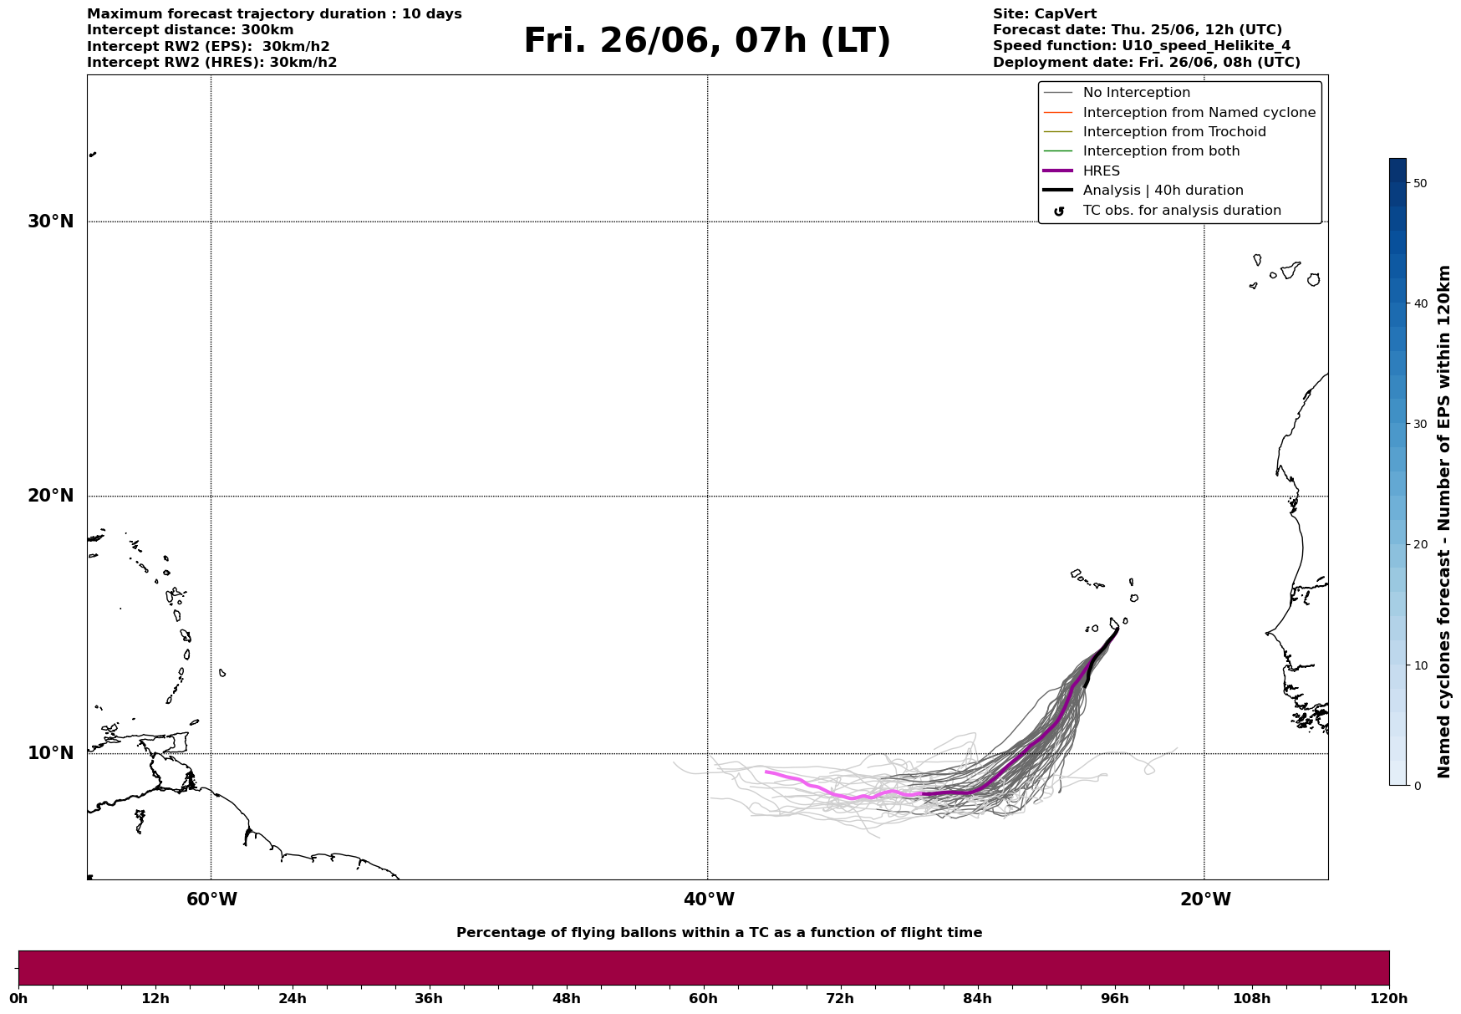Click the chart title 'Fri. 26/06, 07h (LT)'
tap(707, 42)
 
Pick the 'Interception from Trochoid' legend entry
tap(1154, 132)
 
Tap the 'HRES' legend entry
tap(1082, 171)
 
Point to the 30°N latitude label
tap(51, 222)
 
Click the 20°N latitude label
tap(51, 496)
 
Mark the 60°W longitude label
tap(211, 899)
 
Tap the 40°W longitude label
tap(709, 899)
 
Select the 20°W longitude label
tap(1205, 899)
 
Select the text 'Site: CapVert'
tap(1045, 14)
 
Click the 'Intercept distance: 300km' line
tap(191, 30)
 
